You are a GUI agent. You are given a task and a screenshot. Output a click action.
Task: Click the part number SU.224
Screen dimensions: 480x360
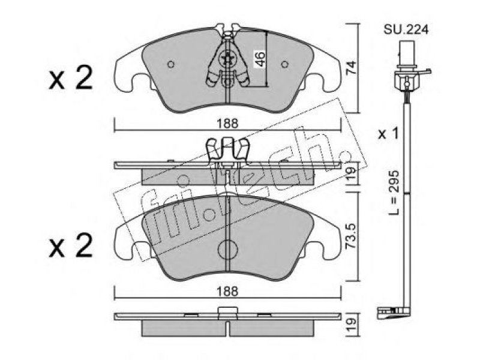pos(406,29)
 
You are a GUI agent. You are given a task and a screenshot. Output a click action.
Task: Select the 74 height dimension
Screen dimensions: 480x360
pos(352,68)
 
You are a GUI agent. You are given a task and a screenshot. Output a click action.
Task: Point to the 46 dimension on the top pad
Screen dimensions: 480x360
pos(260,59)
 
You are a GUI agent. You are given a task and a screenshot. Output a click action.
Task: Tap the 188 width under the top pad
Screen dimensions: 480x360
pos(227,124)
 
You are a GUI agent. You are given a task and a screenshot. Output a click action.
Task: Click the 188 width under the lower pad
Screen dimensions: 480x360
pos(227,292)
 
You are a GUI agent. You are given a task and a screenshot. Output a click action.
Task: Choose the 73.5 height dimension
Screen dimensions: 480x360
pos(352,235)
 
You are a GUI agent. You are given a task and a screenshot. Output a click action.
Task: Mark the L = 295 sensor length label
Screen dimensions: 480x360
pos(394,193)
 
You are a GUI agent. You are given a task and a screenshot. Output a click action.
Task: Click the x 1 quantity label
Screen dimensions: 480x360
pos(388,134)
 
